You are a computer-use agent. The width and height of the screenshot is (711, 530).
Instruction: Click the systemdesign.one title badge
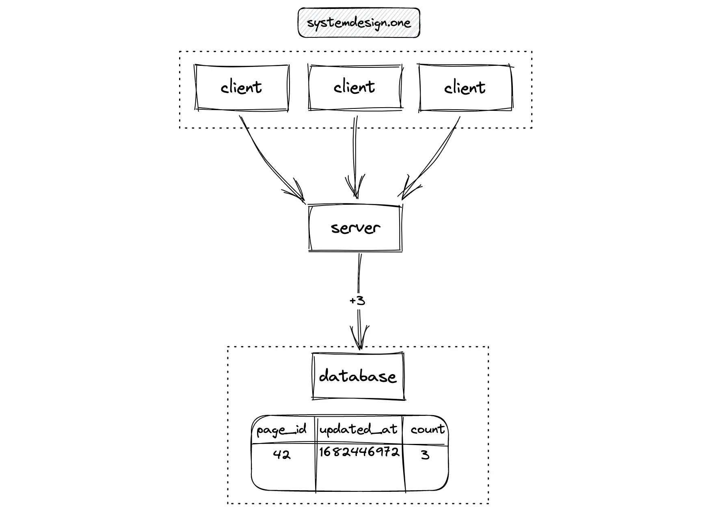point(359,23)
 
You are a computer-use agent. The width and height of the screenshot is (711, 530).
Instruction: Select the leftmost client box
point(242,87)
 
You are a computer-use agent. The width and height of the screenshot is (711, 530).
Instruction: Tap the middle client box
point(355,87)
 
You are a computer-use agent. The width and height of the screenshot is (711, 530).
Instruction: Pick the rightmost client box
point(466,87)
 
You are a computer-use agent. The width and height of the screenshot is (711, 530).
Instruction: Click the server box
point(355,228)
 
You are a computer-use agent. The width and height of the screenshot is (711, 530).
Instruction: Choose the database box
point(358,376)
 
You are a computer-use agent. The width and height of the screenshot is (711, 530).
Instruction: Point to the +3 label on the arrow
point(357,301)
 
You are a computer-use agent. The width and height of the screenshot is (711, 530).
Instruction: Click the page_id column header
point(282,430)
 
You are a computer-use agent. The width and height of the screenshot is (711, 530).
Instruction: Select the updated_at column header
point(358,429)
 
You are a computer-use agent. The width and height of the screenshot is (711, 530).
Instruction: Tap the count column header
point(427,429)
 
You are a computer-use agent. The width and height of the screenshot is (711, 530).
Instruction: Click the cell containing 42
point(282,454)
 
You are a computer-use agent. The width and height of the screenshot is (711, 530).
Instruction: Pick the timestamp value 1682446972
point(359,452)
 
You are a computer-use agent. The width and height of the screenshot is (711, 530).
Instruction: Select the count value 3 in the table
point(425,454)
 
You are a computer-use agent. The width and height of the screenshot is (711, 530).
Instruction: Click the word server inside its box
point(356,228)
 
